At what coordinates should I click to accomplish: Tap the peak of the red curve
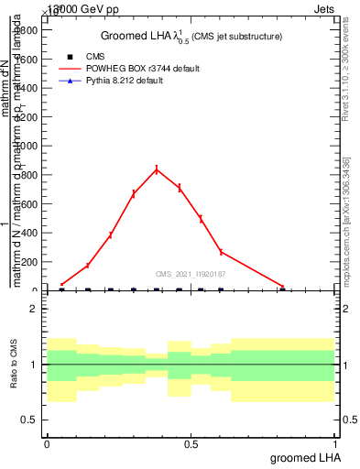click(x=157, y=169)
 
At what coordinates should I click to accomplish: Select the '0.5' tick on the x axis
click(x=191, y=444)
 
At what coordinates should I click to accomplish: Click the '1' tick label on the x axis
click(x=336, y=444)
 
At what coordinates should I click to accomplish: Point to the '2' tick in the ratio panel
click(x=34, y=310)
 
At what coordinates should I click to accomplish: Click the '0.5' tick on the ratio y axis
click(x=29, y=420)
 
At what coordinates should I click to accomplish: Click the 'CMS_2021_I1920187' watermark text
click(x=191, y=273)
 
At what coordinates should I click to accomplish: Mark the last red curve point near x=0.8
click(x=283, y=287)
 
